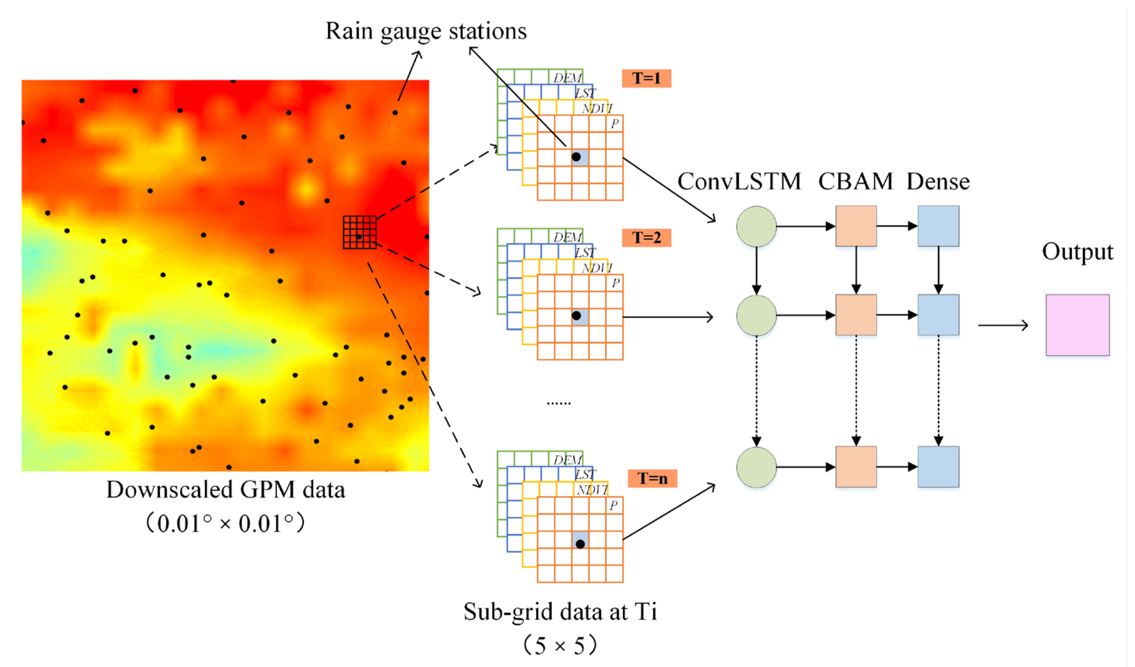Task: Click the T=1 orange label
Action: tap(646, 78)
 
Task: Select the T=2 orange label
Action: tap(646, 238)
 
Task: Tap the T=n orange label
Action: tap(652, 478)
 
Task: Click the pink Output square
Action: tap(1077, 325)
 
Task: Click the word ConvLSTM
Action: tap(739, 182)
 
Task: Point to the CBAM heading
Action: tap(855, 182)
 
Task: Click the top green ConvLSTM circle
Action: tap(756, 226)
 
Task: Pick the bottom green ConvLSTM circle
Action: tap(756, 467)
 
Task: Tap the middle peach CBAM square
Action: tap(856, 315)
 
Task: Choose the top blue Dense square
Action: tap(938, 226)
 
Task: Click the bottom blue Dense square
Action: tap(938, 467)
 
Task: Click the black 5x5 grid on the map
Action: tap(359, 232)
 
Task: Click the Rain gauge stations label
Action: tap(426, 31)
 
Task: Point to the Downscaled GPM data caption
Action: tap(225, 490)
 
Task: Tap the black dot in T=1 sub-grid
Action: tap(576, 157)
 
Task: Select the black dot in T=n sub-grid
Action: tap(580, 544)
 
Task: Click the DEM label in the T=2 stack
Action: tap(567, 237)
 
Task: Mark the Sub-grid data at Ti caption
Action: tap(560, 612)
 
